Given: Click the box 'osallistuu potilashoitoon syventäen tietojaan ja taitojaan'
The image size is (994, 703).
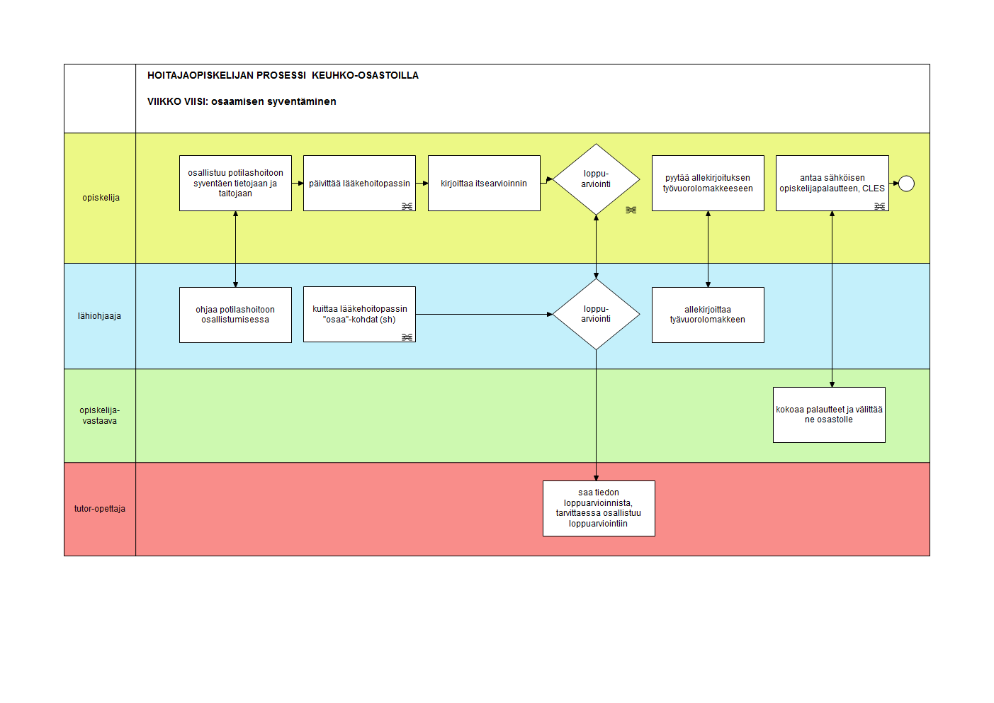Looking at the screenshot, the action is [235, 183].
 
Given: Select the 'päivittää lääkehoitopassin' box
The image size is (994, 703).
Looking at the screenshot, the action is [359, 183].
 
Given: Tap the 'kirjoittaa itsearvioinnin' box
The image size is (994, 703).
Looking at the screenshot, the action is [484, 183].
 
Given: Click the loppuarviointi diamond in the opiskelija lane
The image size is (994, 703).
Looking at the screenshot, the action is [596, 179].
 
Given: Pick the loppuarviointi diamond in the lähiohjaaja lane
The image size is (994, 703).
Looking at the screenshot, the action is [596, 314].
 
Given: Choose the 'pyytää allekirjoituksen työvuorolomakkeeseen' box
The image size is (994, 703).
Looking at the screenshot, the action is [708, 183].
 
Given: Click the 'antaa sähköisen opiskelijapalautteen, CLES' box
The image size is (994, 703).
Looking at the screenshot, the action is [832, 183].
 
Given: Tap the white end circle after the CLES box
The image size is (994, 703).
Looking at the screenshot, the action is [906, 184].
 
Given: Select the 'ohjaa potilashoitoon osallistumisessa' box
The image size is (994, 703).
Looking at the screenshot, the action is [235, 315].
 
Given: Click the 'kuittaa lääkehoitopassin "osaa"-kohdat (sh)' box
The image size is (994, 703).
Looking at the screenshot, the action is [359, 314].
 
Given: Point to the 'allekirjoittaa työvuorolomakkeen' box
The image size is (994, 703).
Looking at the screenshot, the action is [708, 315].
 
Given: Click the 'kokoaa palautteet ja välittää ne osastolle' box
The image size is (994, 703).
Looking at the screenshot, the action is [829, 415].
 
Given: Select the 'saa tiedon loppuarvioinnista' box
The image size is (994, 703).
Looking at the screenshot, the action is [599, 508].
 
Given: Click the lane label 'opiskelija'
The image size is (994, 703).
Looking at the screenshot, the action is [101, 198].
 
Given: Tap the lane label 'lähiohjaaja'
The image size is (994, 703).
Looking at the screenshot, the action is [99, 316].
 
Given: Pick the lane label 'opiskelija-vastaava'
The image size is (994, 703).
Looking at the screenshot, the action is [99, 415].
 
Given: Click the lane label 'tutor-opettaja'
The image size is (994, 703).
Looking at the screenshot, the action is [99, 509].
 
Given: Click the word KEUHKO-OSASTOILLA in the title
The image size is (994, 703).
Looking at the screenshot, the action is [365, 75].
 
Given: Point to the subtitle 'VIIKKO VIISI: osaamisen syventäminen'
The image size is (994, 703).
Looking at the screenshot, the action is [242, 101].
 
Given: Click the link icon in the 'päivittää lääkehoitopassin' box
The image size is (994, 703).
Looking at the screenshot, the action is [407, 206].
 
